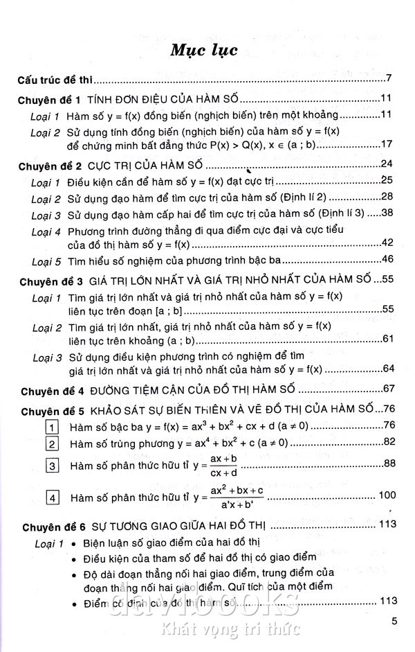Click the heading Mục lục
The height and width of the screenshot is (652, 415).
pyautogui.click(x=207, y=50)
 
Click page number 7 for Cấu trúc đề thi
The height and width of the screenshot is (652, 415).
pyautogui.click(x=390, y=78)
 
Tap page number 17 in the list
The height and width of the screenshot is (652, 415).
pyautogui.click(x=387, y=143)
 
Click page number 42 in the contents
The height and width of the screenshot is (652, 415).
pyautogui.click(x=387, y=243)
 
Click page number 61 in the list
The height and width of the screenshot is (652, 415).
pyautogui.click(x=387, y=338)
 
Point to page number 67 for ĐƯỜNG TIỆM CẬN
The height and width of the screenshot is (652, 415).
pyautogui.click(x=387, y=388)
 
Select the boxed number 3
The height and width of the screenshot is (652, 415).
pyautogui.click(x=51, y=464)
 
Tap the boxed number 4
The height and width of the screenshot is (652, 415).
pyautogui.click(x=51, y=497)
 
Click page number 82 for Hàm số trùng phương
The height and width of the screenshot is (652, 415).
pyautogui.click(x=387, y=442)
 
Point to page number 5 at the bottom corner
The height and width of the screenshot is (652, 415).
pyautogui.click(x=392, y=622)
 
